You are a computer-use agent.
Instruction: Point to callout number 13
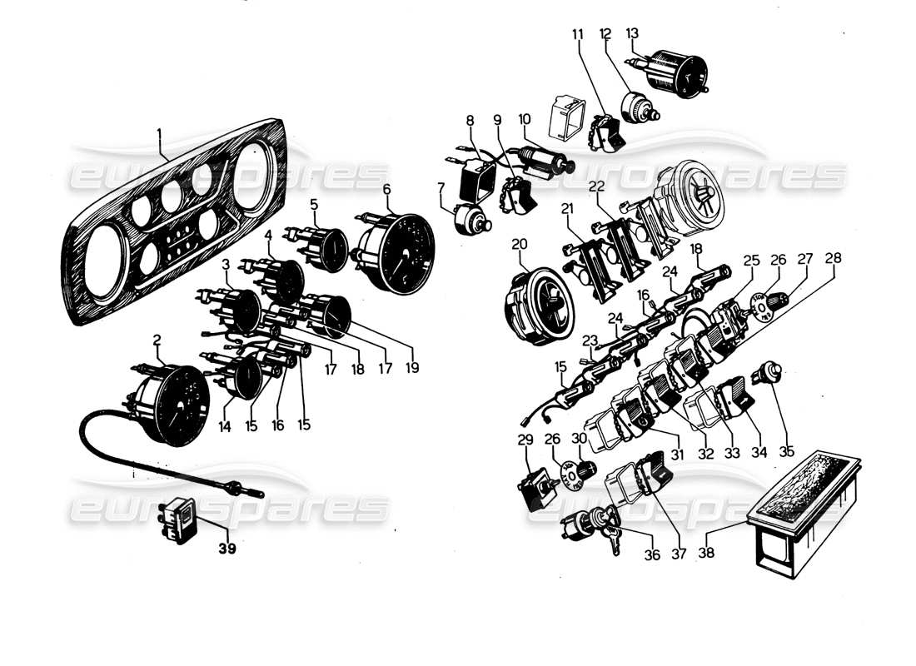point(632,33)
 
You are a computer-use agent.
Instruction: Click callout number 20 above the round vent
point(520,244)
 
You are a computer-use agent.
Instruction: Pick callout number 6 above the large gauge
point(386,189)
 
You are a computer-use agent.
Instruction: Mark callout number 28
point(833,259)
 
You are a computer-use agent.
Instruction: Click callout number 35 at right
point(787,453)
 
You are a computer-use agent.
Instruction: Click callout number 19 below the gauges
point(412,367)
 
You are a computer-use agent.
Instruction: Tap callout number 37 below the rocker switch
point(679,553)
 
